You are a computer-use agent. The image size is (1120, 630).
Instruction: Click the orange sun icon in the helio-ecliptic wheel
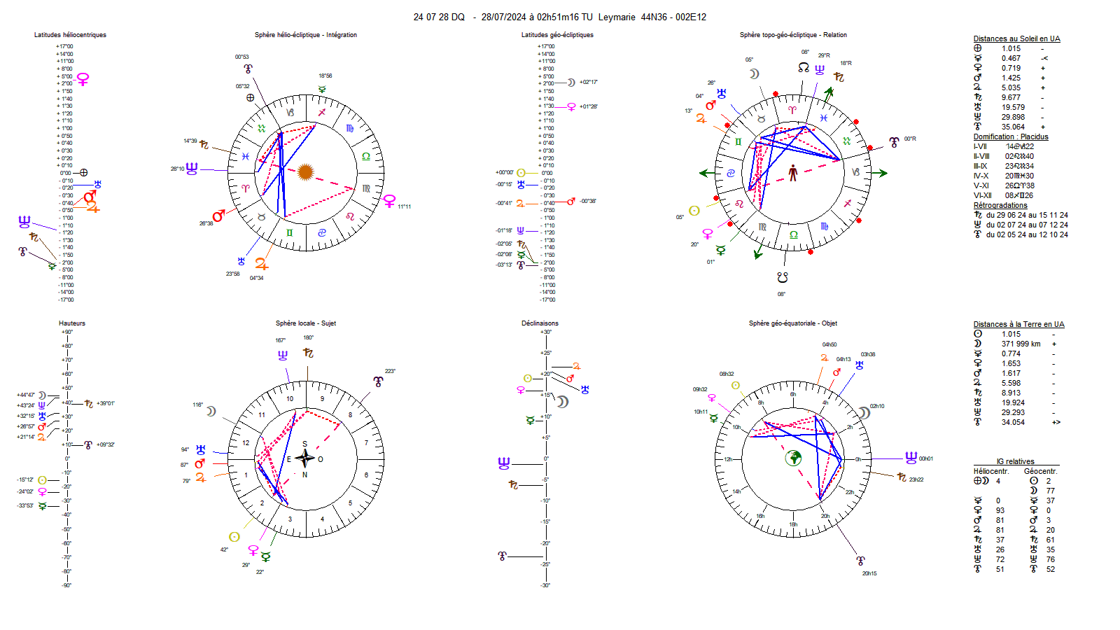(305, 171)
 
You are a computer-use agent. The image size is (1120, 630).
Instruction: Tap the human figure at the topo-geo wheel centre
(793, 172)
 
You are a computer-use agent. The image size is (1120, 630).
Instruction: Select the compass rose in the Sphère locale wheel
(305, 459)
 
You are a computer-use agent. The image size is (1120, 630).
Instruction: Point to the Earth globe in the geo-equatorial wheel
(793, 458)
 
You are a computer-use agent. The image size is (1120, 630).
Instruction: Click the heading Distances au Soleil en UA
(1016, 39)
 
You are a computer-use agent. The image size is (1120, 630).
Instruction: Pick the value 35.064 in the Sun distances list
(1013, 127)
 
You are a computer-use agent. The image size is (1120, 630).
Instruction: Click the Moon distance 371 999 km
(1021, 344)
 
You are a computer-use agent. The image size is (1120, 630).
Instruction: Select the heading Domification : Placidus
(1011, 137)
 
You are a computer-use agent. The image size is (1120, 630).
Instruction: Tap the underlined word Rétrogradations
(1000, 206)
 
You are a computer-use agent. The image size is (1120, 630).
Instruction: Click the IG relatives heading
(1015, 462)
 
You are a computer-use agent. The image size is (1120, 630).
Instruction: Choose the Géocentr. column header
(1040, 472)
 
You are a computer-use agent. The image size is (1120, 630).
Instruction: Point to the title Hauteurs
(72, 323)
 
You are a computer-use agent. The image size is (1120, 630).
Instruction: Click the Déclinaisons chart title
(540, 323)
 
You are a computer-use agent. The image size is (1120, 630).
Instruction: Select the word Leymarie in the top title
(617, 17)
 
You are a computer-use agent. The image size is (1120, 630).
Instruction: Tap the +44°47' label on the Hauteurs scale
(26, 395)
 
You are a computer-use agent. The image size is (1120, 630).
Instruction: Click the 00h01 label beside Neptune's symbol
(926, 459)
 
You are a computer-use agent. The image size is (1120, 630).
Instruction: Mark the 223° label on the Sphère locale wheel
(390, 372)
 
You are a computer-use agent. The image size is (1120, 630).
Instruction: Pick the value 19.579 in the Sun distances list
(1013, 108)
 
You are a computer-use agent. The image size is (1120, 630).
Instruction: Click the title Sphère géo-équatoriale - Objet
(792, 323)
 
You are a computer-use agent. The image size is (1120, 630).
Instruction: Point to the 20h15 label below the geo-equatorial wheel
(869, 574)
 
